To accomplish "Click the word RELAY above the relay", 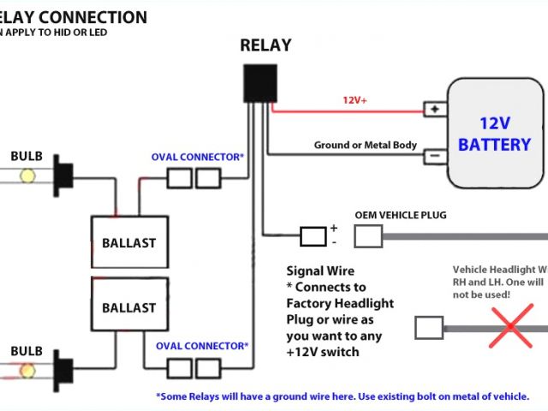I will [265, 45].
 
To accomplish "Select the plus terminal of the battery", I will [435, 110].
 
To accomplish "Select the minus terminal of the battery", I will [435, 156].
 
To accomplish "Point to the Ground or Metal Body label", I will [366, 145].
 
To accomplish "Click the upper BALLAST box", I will [129, 242].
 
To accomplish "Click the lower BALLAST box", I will [129, 307].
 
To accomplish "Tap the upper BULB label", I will [26, 157].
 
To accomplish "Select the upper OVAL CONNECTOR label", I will [198, 158].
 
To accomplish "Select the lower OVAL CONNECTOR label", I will [202, 346].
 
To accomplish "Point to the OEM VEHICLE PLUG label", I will [400, 215].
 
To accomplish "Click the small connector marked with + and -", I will [312, 235].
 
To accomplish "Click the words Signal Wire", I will [320, 271].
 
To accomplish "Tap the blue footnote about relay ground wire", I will [342, 396].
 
